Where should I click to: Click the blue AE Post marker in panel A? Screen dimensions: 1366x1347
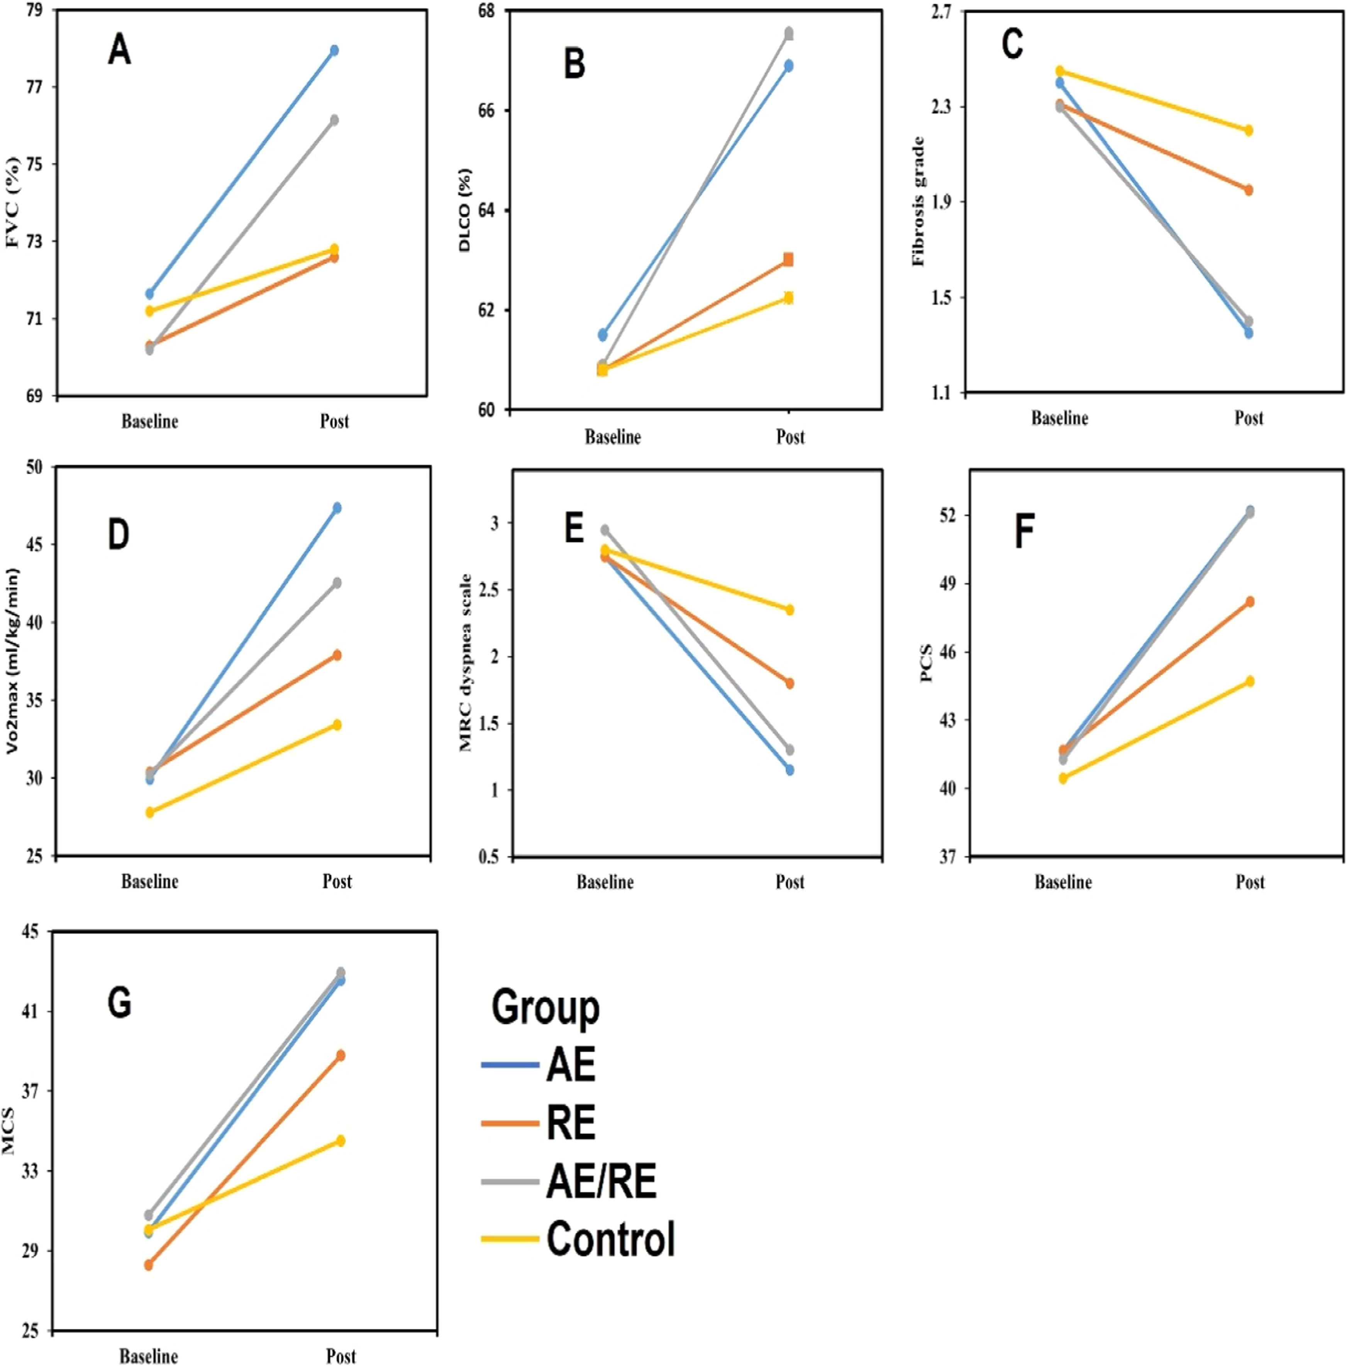[334, 50]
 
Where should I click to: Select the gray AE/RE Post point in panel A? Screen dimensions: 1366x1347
[334, 120]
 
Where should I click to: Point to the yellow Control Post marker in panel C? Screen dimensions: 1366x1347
[1249, 130]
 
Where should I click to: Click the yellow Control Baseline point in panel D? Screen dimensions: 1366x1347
[150, 812]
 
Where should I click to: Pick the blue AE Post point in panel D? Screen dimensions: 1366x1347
[337, 508]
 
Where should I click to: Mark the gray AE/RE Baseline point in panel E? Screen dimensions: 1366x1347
[605, 530]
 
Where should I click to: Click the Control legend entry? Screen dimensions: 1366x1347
[610, 1239]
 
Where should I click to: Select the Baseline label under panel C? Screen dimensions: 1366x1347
[1059, 418]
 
